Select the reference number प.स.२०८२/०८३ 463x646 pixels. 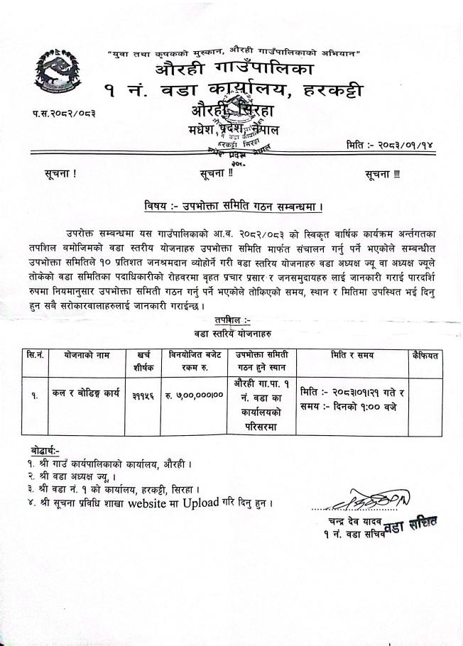(x=65, y=112)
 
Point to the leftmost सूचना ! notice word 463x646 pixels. (x=60, y=174)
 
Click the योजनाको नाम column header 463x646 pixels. (x=85, y=354)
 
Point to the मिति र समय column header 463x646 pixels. (x=352, y=354)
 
